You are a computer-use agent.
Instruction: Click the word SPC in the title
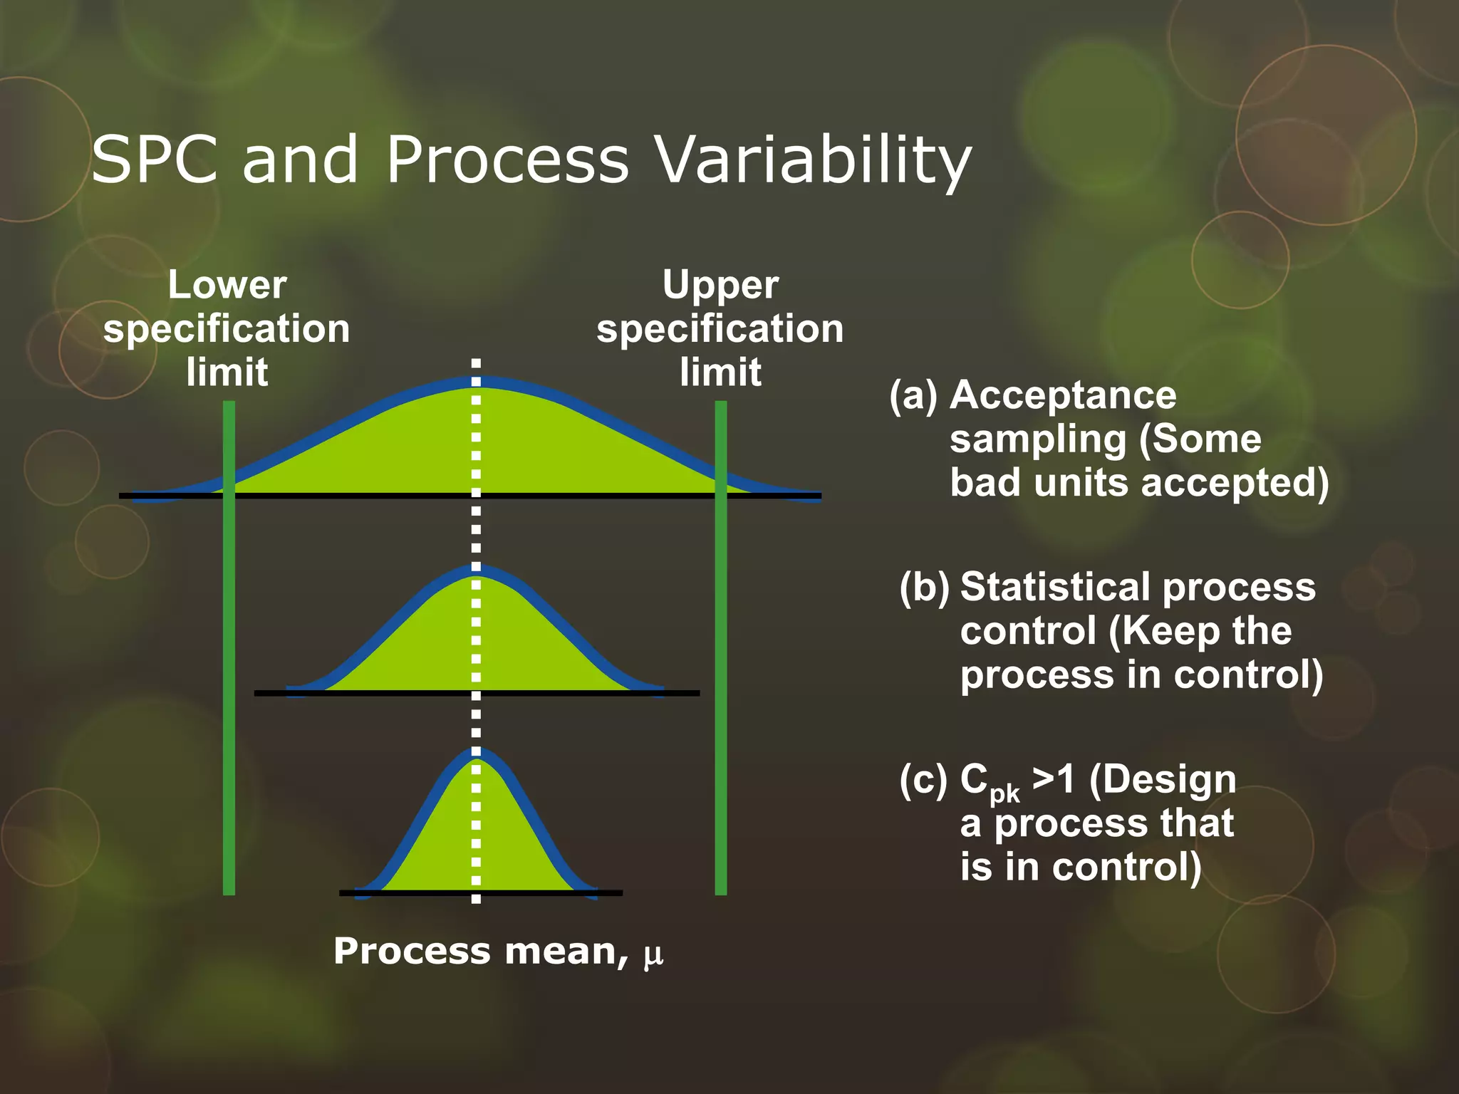[154, 160]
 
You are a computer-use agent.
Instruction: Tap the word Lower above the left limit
[227, 285]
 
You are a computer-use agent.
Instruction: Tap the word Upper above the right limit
[720, 286]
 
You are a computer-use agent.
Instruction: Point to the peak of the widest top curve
[475, 382]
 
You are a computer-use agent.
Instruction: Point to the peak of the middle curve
[475, 570]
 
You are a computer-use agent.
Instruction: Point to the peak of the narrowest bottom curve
[475, 754]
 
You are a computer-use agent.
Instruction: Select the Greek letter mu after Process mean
[653, 955]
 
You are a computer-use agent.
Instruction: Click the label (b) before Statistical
[924, 588]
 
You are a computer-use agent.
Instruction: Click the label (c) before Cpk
[923, 779]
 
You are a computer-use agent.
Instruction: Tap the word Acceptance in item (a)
[1063, 396]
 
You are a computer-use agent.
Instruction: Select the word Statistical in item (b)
[1055, 588]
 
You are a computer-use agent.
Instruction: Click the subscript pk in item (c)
[1004, 793]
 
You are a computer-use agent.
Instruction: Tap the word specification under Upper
[720, 329]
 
